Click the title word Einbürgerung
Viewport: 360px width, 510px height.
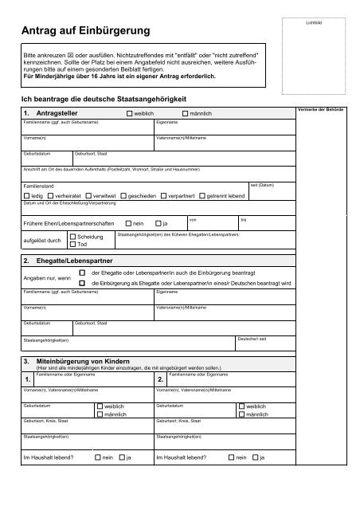106,31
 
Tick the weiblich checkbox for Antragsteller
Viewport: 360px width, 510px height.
130,115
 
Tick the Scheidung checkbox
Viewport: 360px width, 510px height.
73,237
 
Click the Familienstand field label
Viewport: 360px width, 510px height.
40,185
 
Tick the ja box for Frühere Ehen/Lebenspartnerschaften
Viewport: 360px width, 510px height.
158,223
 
